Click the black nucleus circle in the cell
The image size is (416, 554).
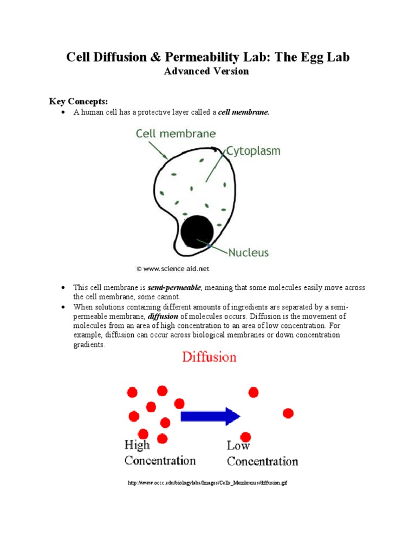[x=197, y=231]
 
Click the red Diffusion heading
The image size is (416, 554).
[x=209, y=358]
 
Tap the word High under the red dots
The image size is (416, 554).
[x=137, y=446]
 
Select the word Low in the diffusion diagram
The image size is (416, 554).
[x=238, y=446]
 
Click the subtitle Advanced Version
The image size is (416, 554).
[x=206, y=71]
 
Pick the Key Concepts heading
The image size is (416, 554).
[x=79, y=101]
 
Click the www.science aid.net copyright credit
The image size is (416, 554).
[x=172, y=268]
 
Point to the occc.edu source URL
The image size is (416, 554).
[x=207, y=482]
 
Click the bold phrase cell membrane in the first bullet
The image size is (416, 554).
[x=243, y=113]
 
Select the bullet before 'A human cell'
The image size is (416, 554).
[x=63, y=113]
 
